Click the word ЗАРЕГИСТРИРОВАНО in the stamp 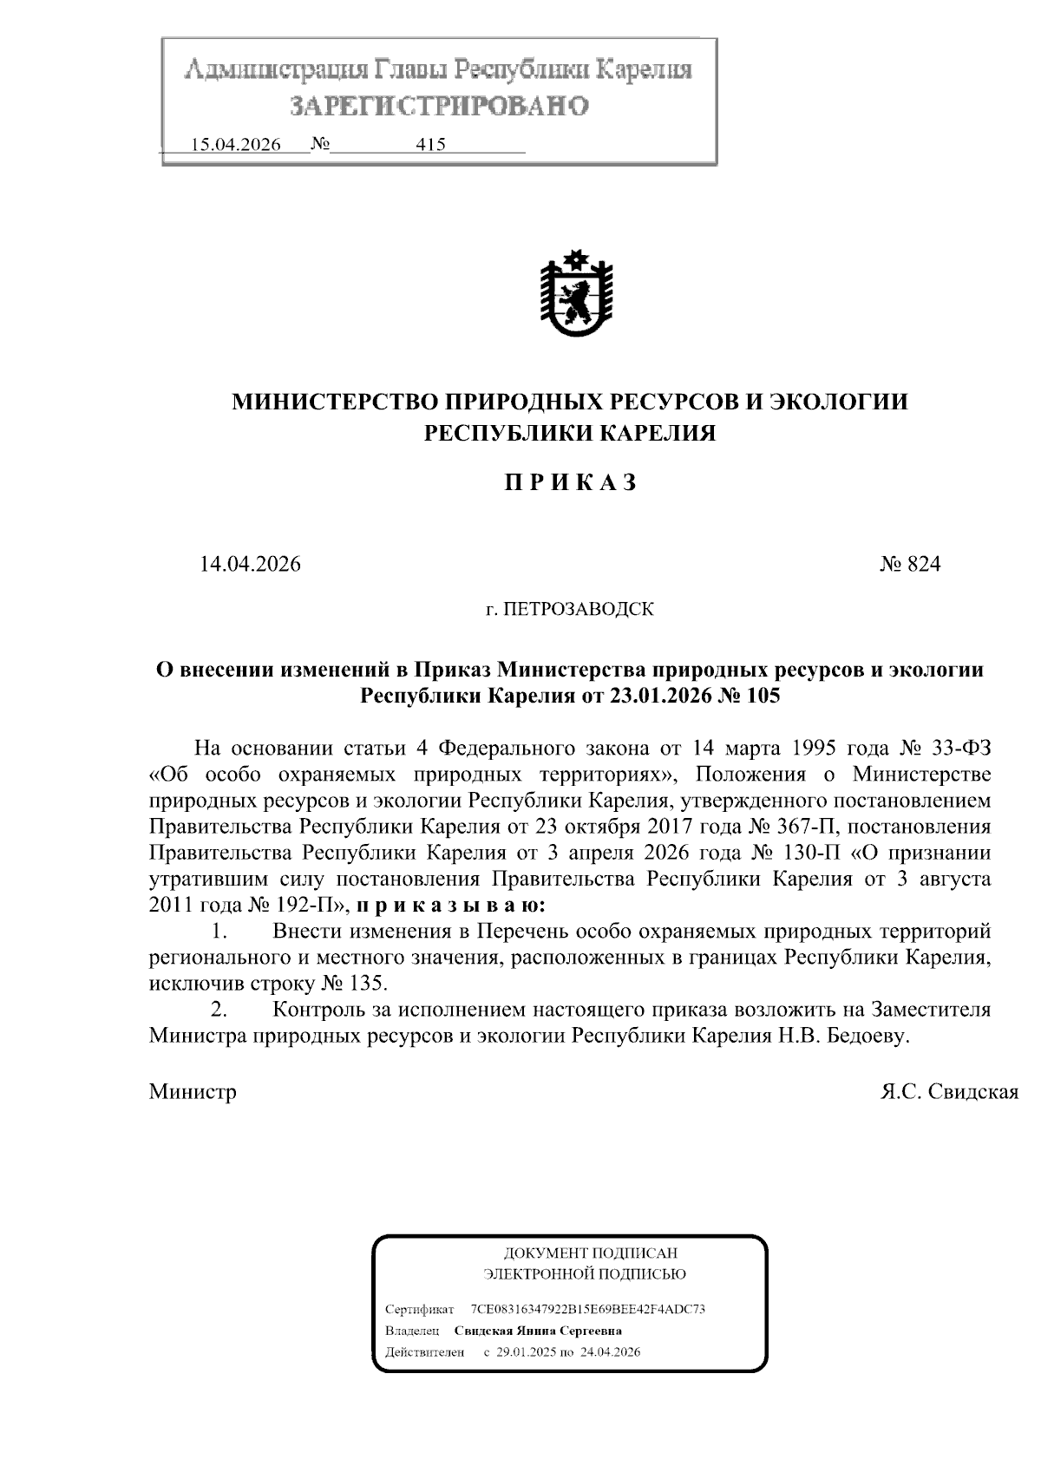439,106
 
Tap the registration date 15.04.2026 235,145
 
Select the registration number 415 431,145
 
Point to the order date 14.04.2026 250,565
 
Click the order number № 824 910,565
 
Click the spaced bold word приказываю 451,906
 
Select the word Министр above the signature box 193,1091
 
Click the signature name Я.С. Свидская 949,1091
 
